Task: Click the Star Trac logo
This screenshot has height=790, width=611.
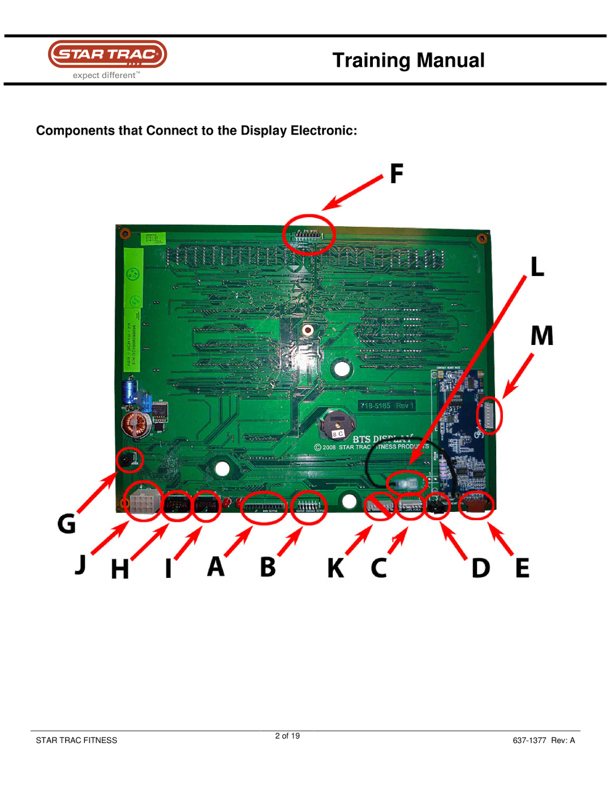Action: coord(107,55)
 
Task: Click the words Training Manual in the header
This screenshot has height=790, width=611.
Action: coord(408,61)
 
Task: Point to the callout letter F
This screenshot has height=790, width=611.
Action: coord(397,174)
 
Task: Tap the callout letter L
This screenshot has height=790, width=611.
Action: coord(537,266)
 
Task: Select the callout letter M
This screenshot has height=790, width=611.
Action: coord(541,335)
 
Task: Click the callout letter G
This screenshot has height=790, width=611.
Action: coord(67,524)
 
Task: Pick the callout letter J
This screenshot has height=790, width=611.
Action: coord(81,564)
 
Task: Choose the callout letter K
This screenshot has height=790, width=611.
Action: coord(335,568)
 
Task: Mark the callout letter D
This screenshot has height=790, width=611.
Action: coord(480,568)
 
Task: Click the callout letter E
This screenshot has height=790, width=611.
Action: coord(522,568)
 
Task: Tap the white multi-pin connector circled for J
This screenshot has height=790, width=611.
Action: coord(143,502)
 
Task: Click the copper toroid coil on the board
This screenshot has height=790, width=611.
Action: coord(136,425)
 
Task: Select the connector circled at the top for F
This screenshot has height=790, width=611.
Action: coord(308,234)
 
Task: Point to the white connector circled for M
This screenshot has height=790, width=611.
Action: coord(489,416)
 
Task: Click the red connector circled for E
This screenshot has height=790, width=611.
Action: coord(476,505)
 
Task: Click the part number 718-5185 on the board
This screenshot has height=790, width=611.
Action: coord(376,405)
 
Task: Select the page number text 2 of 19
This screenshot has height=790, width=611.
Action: coord(287,736)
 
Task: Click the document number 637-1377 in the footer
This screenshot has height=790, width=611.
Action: coord(529,740)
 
